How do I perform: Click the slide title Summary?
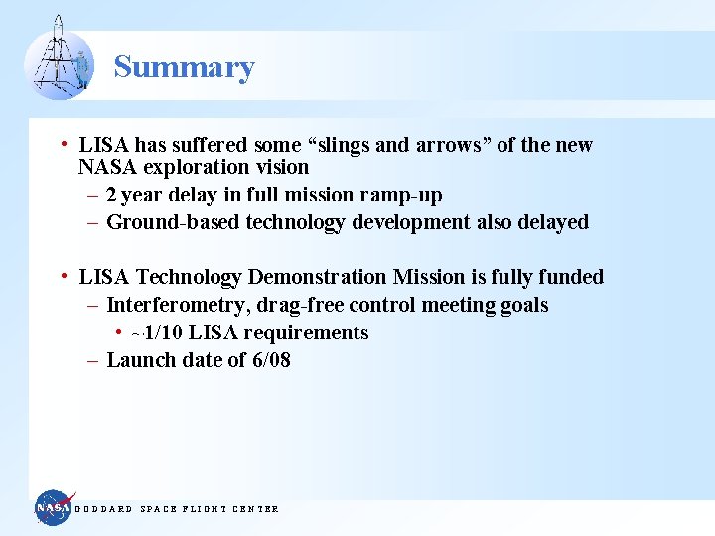point(184,67)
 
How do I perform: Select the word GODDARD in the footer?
point(104,509)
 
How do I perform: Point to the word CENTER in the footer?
point(255,509)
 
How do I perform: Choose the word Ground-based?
point(173,222)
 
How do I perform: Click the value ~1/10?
point(157,333)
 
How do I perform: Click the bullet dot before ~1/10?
point(118,332)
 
